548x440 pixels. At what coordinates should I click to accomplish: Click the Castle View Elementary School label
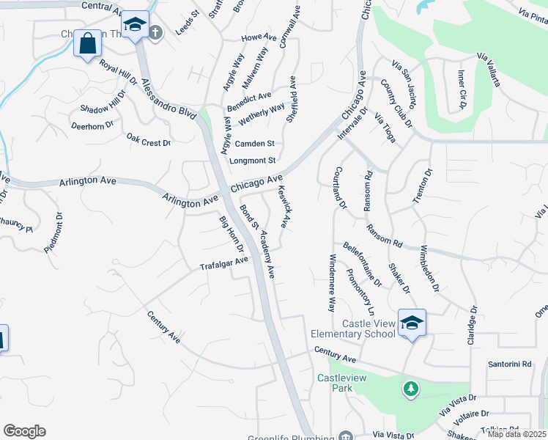[369, 329]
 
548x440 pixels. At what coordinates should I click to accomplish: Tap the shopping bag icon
[87, 43]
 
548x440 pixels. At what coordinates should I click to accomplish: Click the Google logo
[24, 431]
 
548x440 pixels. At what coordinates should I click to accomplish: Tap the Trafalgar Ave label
[224, 263]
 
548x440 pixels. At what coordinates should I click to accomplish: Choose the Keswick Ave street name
[285, 206]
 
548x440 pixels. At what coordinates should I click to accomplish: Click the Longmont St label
[253, 161]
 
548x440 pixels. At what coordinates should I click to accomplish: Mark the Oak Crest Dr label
[148, 139]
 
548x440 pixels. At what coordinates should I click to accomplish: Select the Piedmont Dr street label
[54, 233]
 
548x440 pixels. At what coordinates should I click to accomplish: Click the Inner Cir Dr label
[462, 89]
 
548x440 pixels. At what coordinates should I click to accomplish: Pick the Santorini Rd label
[509, 364]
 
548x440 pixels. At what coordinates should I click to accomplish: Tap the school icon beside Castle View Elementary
[412, 323]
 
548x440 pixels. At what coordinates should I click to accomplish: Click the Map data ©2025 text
[516, 433]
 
